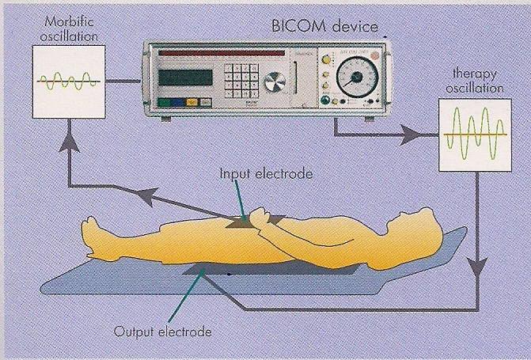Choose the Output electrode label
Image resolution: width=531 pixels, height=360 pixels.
pos(164,332)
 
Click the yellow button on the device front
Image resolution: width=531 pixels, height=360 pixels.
pos(192,102)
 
